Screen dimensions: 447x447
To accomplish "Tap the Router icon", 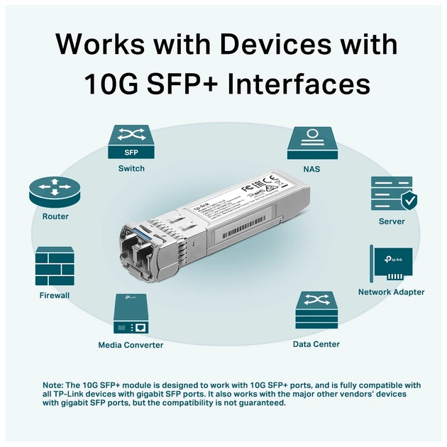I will pos(55,191).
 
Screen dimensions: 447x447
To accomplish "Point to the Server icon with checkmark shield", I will pos(392,194).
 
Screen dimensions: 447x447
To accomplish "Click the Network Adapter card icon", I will pos(391,263).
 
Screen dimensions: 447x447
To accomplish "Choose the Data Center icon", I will pos(316,311).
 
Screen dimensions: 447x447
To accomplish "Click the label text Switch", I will pos(131,169).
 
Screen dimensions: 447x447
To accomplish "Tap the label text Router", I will pos(55,216).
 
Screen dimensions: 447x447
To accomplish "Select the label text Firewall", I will pos(55,295).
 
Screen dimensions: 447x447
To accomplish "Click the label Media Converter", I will pos(131,345).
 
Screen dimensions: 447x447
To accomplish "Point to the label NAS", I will pos(311,170).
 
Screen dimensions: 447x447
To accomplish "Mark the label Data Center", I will pos(316,344).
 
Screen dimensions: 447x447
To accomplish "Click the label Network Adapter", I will pos(391,292).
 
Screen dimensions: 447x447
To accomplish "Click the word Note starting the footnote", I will pos(53,385).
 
